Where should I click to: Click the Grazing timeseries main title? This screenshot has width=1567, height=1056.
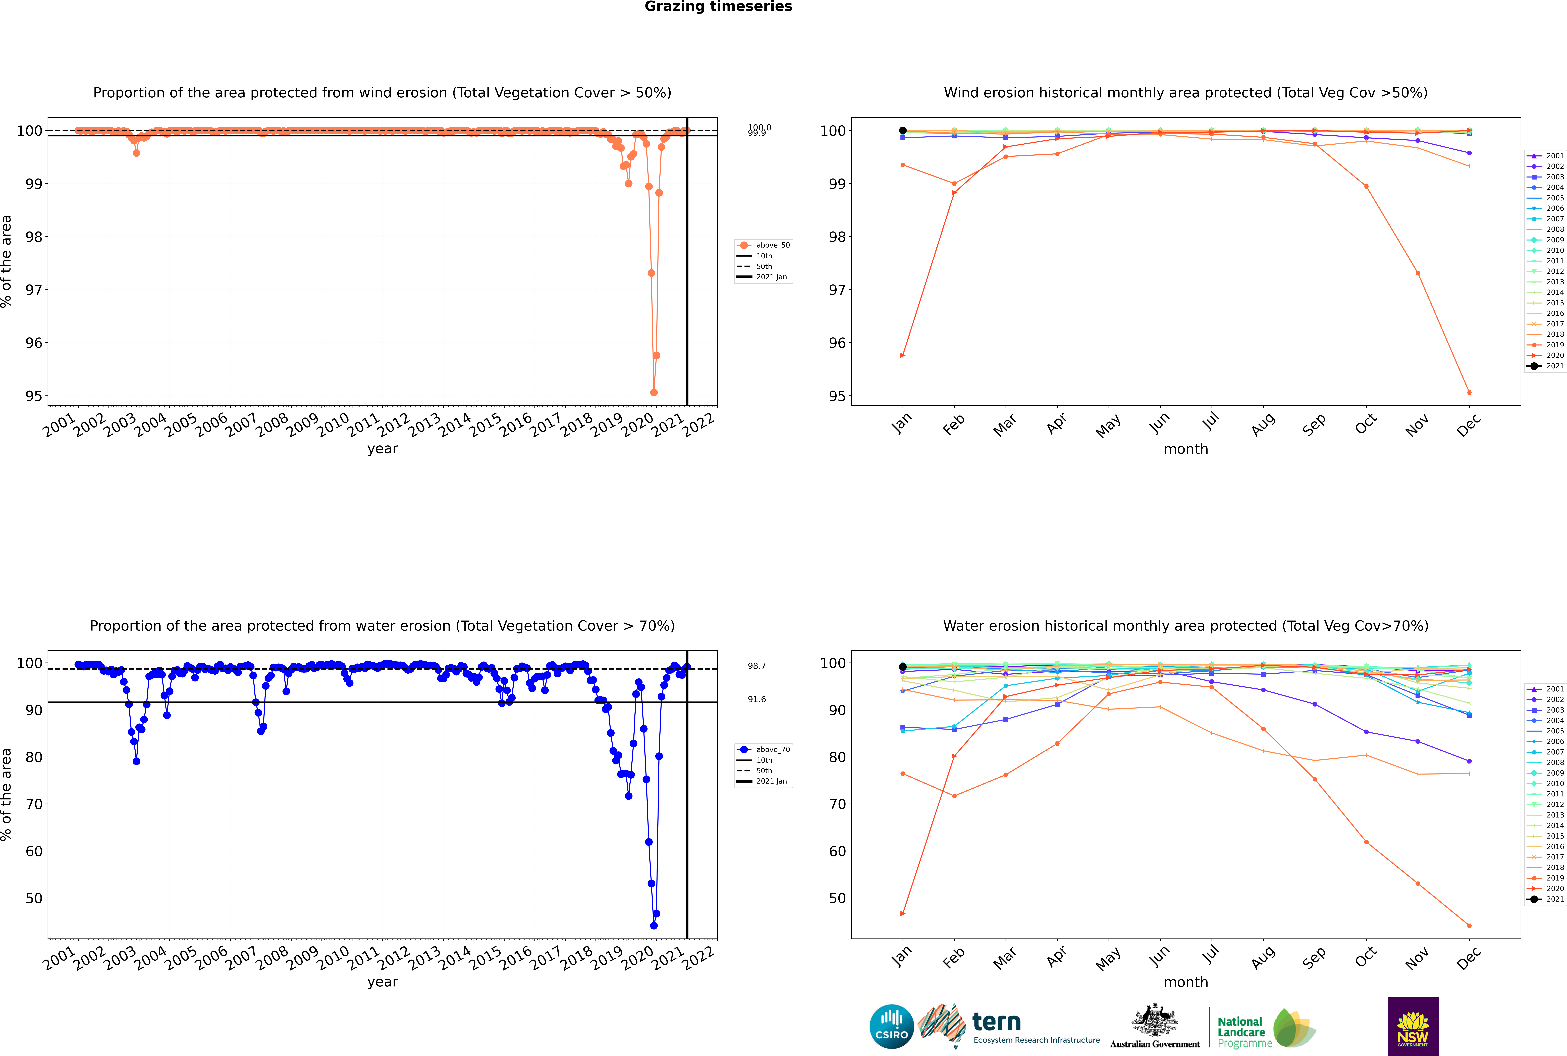pyautogui.click(x=718, y=7)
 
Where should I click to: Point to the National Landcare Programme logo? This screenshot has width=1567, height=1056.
pyautogui.click(x=1265, y=1028)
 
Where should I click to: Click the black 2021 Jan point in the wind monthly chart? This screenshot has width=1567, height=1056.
pyautogui.click(x=903, y=131)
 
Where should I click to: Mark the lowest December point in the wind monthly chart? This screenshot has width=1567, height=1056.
pyautogui.click(x=1469, y=393)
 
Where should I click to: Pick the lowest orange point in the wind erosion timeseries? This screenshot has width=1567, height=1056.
pyautogui.click(x=654, y=393)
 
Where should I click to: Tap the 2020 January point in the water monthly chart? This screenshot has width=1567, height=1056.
pyautogui.click(x=903, y=914)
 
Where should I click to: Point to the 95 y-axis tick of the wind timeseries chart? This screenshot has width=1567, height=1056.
pyautogui.click(x=34, y=396)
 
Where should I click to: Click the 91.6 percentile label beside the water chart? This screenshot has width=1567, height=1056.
pyautogui.click(x=757, y=699)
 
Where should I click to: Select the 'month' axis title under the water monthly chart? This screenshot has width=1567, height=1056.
pyautogui.click(x=1186, y=982)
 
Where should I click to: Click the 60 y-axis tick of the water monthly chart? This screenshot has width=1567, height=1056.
pyautogui.click(x=837, y=851)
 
